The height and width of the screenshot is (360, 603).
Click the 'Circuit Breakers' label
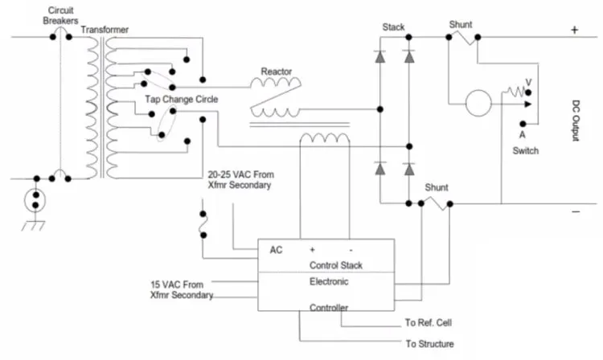coord(60,15)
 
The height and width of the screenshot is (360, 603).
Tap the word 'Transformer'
coord(105,30)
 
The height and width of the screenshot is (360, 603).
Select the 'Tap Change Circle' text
coord(182,99)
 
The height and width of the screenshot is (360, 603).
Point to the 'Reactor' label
coord(276,72)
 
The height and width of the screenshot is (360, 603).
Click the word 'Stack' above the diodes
coord(393,27)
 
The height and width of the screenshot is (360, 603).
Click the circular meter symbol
coord(478,103)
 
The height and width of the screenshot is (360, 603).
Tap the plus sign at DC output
coord(575,30)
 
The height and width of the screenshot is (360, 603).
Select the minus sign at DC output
coord(576,211)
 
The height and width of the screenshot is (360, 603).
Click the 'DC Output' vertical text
coord(576,121)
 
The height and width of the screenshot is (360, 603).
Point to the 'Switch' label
coord(525,150)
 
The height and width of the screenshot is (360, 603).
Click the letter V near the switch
coord(529,83)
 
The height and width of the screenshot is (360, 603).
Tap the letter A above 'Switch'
coord(523,135)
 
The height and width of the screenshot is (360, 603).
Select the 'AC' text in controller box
coord(276,250)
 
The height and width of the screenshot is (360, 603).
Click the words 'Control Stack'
coord(336,265)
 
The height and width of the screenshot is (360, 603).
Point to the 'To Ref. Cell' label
coord(428,323)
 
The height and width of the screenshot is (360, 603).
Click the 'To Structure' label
coord(429,343)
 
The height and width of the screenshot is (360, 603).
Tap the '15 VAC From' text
coord(177,284)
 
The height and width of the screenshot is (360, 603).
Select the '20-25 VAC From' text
coord(241,174)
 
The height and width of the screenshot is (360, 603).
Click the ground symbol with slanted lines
coord(33,226)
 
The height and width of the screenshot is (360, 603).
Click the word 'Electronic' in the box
coord(329,281)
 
